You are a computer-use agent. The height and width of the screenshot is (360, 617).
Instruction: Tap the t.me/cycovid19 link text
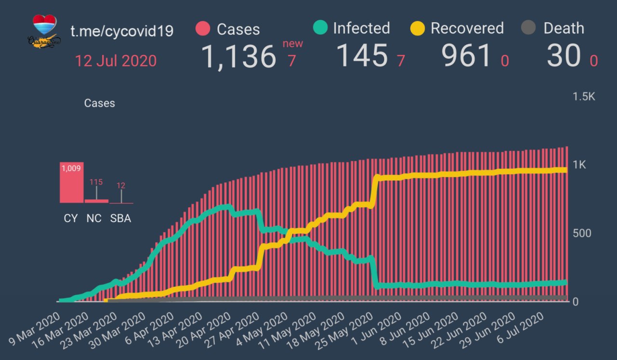[x=122, y=31]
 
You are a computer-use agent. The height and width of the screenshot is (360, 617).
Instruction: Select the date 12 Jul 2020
[x=116, y=61]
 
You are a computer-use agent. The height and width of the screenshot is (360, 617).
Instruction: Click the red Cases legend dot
[x=203, y=29]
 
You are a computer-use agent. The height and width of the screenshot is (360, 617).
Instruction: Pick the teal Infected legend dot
[x=320, y=28]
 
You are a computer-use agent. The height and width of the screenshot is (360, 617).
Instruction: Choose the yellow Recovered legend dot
[x=417, y=28]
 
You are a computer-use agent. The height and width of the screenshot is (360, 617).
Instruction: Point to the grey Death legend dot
[x=529, y=28]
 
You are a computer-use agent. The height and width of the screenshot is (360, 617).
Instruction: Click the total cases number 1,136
[x=238, y=56]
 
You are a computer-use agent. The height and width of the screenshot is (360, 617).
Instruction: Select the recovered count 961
[x=466, y=55]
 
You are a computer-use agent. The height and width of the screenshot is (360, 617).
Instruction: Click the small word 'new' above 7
[x=293, y=44]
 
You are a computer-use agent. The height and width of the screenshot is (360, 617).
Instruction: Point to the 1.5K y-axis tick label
[x=584, y=97]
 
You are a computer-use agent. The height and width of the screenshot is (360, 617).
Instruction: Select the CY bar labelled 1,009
[x=71, y=183]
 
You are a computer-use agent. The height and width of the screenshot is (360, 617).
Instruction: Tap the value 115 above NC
[x=96, y=182]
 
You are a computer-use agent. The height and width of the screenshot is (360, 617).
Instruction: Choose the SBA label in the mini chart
[x=121, y=218]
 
